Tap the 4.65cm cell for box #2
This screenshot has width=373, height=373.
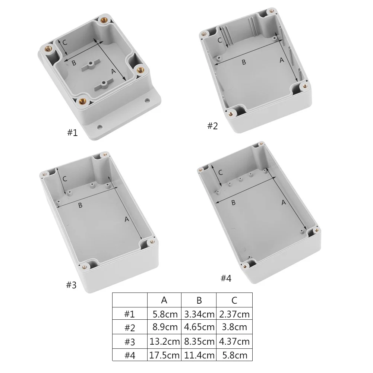[x=199, y=328]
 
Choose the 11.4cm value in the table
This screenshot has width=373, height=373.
[x=199, y=355]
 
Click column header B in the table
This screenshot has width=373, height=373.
[x=199, y=300]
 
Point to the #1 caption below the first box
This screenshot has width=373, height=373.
[x=72, y=132]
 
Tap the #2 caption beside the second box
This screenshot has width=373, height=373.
[x=212, y=126]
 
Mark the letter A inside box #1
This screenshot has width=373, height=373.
[x=113, y=71]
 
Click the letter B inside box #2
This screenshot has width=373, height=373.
[x=244, y=62]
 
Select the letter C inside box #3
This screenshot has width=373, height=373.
[x=65, y=179]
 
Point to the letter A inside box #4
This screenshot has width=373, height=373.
[x=283, y=202]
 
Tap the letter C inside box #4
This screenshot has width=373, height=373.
[x=220, y=173]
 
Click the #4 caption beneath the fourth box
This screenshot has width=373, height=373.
[x=226, y=278]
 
